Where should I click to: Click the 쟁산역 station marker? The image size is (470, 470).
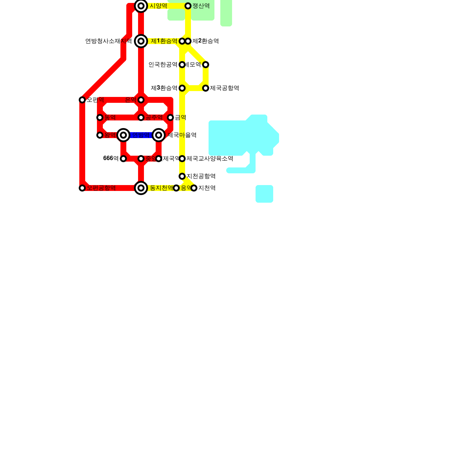pos(188,6)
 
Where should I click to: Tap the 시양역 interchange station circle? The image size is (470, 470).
pos(141,6)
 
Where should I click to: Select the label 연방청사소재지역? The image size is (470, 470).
pos(108,41)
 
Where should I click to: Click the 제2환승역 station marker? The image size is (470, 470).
pos(188,41)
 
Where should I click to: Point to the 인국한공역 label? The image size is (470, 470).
pos(163,65)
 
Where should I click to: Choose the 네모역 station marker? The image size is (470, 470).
pos(206,65)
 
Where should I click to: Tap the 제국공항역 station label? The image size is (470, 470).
pos(224,88)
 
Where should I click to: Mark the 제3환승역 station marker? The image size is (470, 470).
pos(182,88)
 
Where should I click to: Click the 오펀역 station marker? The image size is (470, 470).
pos(82,100)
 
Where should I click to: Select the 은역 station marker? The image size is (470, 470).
pos(141,100)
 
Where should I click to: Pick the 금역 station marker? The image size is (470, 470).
pos(170,117)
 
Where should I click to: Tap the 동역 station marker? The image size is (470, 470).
pos(100,117)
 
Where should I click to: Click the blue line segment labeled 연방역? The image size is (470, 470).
pos(141,135)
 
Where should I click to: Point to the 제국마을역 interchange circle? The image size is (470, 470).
pos(159,135)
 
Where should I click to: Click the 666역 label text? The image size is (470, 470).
pos(111,159)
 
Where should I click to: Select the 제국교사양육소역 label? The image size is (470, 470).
pos(210,159)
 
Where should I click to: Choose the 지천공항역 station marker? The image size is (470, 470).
pos(182,176)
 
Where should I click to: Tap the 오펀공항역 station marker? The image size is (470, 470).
pos(82,188)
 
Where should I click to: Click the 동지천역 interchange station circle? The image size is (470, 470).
pos(141,188)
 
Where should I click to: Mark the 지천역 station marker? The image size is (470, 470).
pos(194,188)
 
